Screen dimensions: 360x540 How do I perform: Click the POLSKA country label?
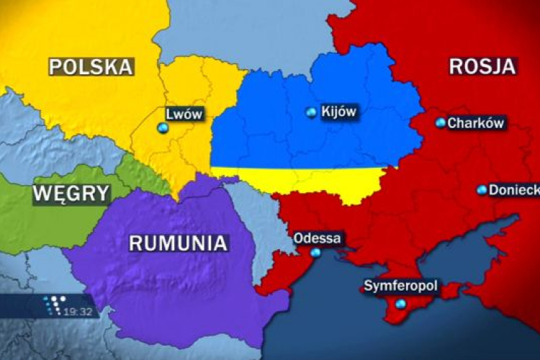coord(91,67)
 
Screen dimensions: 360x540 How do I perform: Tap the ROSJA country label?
coord(482,66)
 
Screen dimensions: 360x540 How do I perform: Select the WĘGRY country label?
coord(71,193)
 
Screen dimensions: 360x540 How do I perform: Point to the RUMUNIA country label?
coord(179,243)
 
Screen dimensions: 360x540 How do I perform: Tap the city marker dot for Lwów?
coord(163,127)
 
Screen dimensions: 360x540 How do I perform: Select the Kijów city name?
coord(338,112)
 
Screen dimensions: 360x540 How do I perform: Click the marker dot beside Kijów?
coord(311,112)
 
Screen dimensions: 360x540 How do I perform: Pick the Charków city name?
coord(475,122)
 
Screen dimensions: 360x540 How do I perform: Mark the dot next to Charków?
coord(440,122)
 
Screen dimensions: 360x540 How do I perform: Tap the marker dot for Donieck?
coord(482,189)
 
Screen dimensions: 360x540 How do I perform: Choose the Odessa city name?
coord(319,238)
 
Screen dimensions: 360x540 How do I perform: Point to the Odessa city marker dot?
coord(315,253)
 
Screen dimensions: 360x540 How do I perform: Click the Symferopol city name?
coord(400,287)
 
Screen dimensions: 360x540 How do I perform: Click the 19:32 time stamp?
coord(80,311)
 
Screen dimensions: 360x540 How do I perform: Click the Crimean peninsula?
coord(418,302)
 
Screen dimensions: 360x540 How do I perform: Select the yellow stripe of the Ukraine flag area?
coord(302,177)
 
